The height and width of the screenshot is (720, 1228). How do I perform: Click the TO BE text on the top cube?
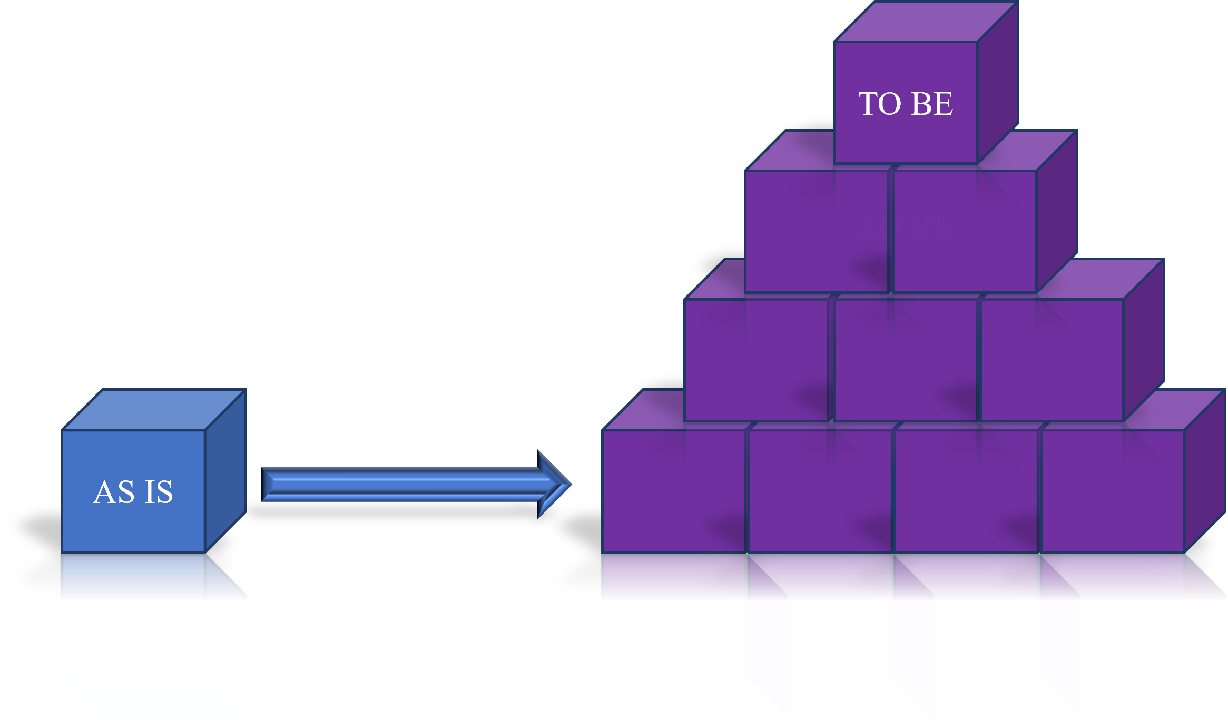tap(905, 103)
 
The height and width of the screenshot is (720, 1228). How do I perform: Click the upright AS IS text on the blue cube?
tap(133, 492)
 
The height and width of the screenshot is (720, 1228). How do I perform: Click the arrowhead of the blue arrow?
tap(553, 484)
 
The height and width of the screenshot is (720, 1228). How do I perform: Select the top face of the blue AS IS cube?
tap(153, 410)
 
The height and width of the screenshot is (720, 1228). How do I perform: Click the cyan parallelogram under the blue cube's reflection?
tap(153, 696)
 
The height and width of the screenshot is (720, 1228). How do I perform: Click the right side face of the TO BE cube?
tap(997, 84)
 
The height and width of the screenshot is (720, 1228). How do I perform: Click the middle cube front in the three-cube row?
tap(905, 359)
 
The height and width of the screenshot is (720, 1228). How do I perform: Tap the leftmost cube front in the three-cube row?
tap(755, 359)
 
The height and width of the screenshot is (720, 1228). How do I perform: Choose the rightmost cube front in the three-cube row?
tap(1052, 359)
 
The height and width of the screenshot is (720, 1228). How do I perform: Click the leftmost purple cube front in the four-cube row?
tap(674, 490)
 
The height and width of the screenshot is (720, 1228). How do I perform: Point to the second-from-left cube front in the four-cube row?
tap(820, 490)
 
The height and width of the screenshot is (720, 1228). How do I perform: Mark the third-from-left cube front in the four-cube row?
tap(966, 490)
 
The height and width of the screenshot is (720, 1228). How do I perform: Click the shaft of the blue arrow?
tap(400, 484)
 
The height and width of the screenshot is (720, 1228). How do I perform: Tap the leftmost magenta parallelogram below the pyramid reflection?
tap(695, 696)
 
